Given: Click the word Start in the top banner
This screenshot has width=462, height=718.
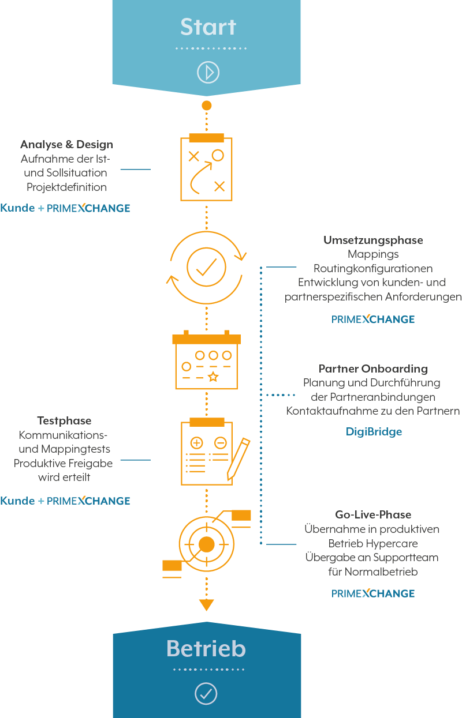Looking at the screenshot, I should pos(208,27).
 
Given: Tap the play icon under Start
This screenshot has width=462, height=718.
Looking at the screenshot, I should pos(207,72).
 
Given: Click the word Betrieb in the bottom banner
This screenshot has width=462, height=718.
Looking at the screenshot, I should pos(206,649).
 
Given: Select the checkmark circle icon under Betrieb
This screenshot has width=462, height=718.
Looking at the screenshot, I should pos(206,693).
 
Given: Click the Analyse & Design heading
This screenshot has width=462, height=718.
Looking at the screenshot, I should pos(66,145).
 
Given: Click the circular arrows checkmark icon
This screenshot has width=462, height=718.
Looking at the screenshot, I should pos(206,266).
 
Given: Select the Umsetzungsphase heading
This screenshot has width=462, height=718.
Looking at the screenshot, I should pos(373,240).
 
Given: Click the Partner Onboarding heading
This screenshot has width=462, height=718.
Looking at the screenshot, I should pos(373,369).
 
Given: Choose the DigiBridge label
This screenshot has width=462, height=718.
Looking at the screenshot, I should pos(374,431).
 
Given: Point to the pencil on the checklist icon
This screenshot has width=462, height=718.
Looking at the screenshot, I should pos(239,458).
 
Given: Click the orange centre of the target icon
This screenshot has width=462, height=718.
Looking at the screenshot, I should pos(206,544).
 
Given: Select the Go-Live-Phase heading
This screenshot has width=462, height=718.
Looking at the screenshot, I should pos(373,515).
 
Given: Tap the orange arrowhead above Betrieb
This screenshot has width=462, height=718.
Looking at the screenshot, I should pos(206,605).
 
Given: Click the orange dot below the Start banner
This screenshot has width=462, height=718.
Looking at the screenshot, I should pos(206,106).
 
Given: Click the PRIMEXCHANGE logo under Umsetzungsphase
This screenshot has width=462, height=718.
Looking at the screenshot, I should pos(373,319).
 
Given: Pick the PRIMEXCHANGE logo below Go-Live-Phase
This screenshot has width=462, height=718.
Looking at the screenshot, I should pos(373,593).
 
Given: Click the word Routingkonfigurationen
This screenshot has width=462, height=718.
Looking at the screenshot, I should pos(373,269).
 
